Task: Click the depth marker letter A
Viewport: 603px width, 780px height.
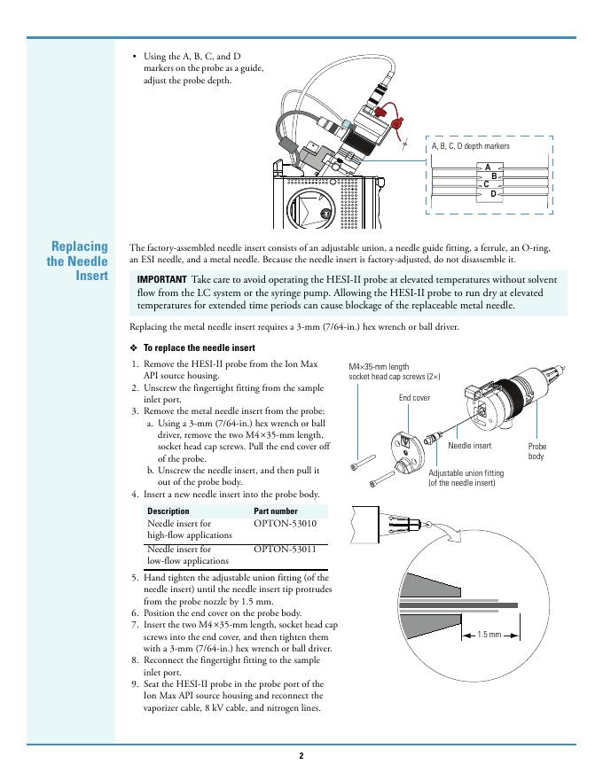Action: (x=488, y=167)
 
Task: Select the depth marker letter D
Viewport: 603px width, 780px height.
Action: (x=493, y=193)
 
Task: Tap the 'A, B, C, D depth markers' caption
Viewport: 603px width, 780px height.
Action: (x=470, y=146)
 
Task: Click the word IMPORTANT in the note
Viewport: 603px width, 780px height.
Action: (x=162, y=280)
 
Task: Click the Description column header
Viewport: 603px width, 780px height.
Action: (x=168, y=511)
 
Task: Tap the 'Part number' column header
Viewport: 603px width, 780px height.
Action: (x=276, y=511)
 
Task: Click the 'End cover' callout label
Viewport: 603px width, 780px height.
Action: (x=414, y=398)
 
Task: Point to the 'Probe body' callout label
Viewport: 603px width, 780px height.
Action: (x=537, y=451)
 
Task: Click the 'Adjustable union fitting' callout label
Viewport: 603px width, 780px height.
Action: (x=465, y=479)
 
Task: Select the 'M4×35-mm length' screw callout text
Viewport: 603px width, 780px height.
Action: (x=379, y=366)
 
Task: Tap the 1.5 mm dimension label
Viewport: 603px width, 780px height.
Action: (x=489, y=635)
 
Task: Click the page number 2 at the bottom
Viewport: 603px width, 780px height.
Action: (x=301, y=756)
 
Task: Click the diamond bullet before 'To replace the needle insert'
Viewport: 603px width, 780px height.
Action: (x=134, y=347)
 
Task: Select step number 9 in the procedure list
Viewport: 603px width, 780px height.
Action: (x=135, y=684)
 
